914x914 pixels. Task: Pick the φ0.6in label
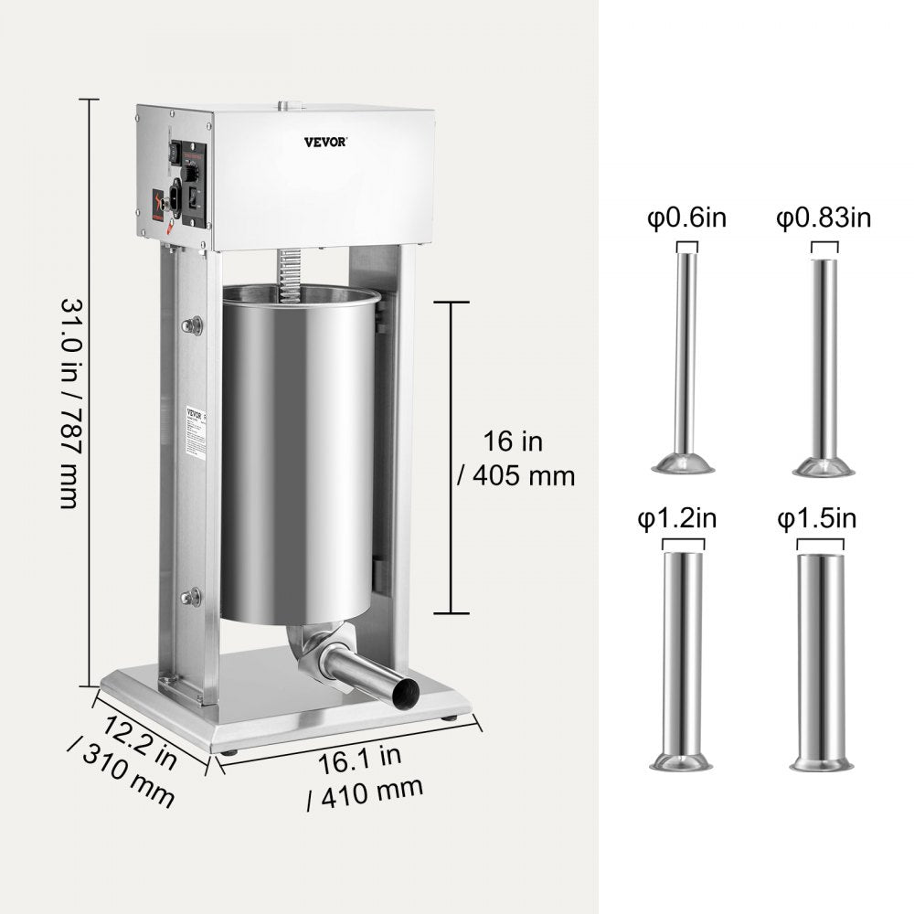(686, 220)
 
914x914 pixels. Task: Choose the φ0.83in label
(824, 219)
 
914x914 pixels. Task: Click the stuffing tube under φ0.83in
(824, 366)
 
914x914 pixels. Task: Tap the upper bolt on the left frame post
(192, 324)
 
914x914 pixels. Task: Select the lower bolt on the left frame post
(192, 599)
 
